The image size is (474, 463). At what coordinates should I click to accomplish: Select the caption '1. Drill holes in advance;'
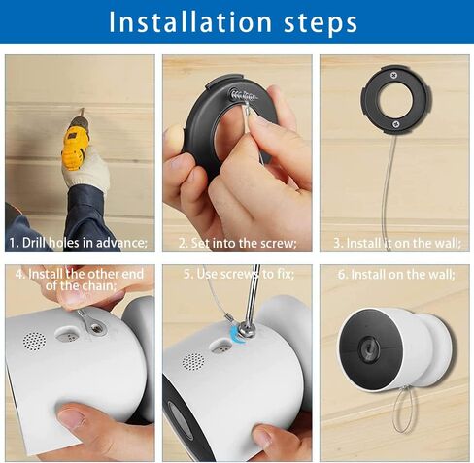tap(79, 242)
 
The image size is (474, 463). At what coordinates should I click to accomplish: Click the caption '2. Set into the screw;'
tap(237, 242)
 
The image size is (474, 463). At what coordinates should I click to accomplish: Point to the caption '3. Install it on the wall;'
tap(396, 242)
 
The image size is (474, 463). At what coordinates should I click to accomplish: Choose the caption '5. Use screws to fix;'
tap(237, 275)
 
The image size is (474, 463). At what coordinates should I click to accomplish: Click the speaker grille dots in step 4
tap(34, 342)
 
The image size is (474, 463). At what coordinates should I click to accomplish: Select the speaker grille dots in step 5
tap(192, 361)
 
